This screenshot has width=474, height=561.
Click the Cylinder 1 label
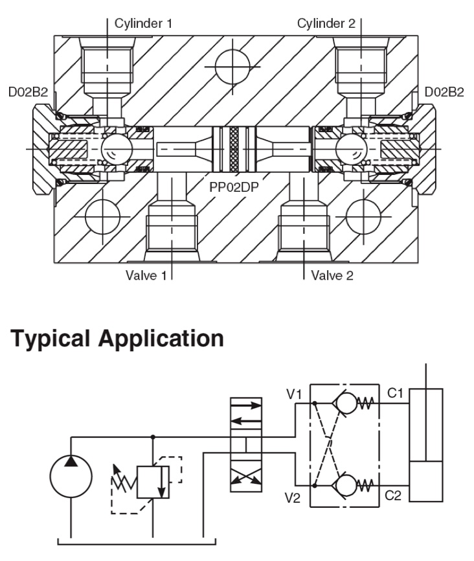pos(143,25)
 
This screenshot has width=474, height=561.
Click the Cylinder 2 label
pos(326,25)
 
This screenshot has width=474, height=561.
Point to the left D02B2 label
pos(28,93)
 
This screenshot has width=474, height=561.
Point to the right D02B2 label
pos(444,93)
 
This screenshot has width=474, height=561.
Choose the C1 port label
pos(395,393)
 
